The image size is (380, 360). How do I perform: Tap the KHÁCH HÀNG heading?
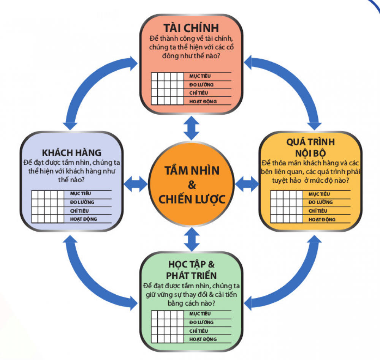point(71,153)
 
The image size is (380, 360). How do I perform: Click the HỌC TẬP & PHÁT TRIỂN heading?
point(191,269)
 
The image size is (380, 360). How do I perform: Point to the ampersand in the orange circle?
point(192,185)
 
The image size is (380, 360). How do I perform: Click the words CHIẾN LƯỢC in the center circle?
point(192,199)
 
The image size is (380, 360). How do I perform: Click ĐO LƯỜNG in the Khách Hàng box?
point(82,202)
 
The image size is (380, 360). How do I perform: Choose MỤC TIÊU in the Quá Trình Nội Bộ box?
point(319,194)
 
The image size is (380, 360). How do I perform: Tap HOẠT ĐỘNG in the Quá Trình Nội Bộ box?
point(322,219)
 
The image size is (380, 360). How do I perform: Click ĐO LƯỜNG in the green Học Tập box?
point(201,322)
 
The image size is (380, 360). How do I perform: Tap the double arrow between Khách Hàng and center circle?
point(136,184)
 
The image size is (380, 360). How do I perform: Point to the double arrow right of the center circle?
point(247,184)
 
